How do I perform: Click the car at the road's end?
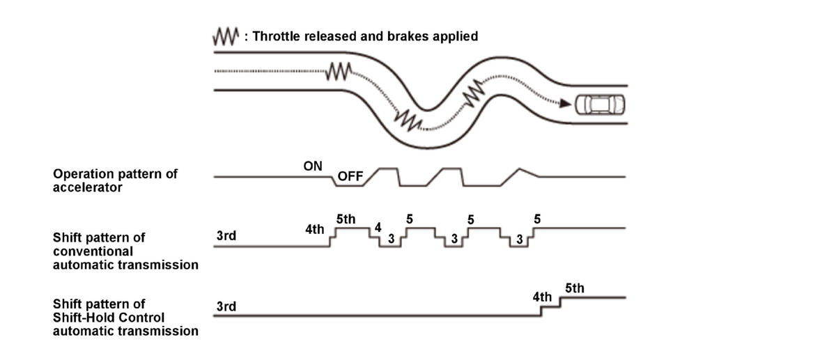click(600, 104)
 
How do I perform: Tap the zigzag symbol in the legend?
click(227, 36)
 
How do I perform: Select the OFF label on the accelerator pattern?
click(350, 177)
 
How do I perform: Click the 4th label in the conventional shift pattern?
click(315, 228)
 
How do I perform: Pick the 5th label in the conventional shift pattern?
click(346, 219)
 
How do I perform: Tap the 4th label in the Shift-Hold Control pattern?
click(542, 297)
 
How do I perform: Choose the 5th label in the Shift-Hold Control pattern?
click(575, 288)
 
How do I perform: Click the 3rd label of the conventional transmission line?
click(226, 236)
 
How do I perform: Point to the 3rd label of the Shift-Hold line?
click(226, 306)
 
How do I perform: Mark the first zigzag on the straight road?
click(340, 70)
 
